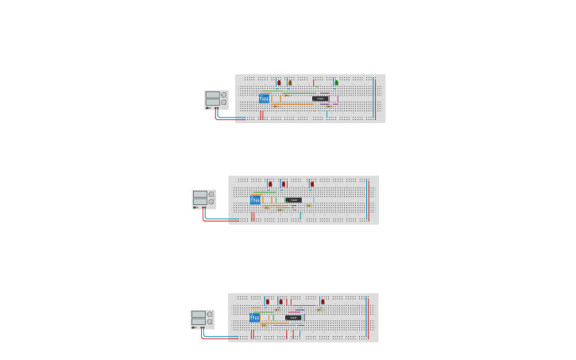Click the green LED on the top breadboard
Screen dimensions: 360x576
pos(336,83)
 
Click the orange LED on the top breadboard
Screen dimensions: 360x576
pos(290,83)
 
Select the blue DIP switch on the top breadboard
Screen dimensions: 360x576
pos(264,99)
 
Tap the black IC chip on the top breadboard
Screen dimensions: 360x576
pos(320,99)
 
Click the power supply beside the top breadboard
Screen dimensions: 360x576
pos(215,99)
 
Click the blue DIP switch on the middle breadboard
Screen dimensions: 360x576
pos(255,200)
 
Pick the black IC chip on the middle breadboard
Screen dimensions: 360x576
pos(294,200)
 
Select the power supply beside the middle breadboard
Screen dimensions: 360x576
pos(203,199)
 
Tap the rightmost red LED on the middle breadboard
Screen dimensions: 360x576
pos(312,184)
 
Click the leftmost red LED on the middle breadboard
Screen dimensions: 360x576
pos(270,184)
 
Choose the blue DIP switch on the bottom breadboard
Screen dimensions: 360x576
pos(254,318)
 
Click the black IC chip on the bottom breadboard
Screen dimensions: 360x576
pos(293,318)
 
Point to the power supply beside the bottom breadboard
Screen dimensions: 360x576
pos(202,319)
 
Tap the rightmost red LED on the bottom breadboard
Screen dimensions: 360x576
pos(322,302)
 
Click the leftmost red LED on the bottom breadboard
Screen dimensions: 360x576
pos(268,302)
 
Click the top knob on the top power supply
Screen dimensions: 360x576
pos(224,95)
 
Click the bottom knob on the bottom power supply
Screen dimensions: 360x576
pos(210,322)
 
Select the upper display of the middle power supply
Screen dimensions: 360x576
pos(199,194)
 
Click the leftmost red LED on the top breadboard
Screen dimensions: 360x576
pos(279,83)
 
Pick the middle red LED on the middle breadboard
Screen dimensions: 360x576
pos(284,184)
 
